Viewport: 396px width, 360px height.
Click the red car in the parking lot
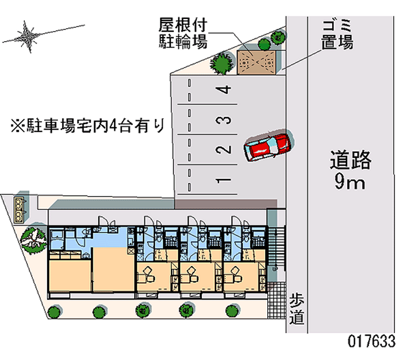(x=267, y=148)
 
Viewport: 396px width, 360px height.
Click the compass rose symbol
(x=27, y=37)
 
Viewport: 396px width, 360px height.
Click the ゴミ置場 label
(x=337, y=35)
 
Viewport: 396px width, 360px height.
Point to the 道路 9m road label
(x=350, y=170)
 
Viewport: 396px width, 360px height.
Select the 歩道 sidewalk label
(x=297, y=309)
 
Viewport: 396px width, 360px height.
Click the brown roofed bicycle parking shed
(x=256, y=62)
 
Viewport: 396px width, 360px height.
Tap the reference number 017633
(x=371, y=341)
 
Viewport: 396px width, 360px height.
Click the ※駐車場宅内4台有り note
(x=88, y=125)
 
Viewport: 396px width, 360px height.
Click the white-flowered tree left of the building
(x=33, y=240)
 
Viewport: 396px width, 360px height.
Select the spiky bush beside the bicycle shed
(x=222, y=63)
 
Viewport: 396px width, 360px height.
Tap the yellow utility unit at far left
(x=19, y=210)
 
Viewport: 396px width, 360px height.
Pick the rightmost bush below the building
(x=232, y=311)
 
